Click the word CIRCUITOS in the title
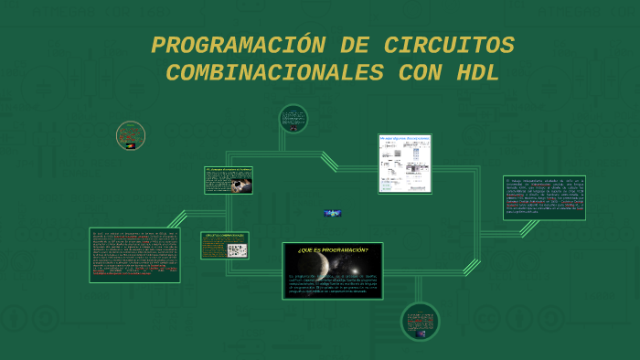point(449,45)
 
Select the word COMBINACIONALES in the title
point(273,74)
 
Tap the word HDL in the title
point(477,74)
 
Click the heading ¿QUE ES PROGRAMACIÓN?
point(333,249)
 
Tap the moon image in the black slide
point(322,266)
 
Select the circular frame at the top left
point(131,136)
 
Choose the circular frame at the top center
point(293,119)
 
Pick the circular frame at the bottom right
point(420,322)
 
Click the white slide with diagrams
point(404,164)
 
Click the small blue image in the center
point(333,213)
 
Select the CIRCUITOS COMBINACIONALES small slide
point(225,245)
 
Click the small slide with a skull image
point(229,180)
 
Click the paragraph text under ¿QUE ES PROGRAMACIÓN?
point(332,282)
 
